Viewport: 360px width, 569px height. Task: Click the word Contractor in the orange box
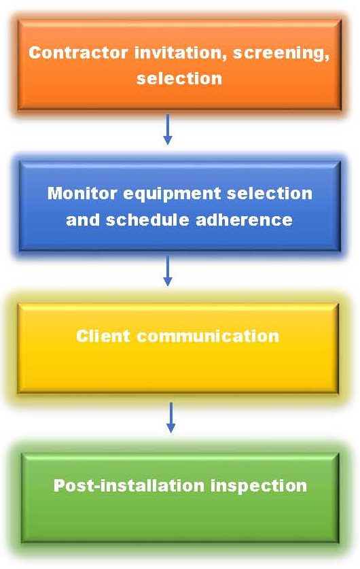(x=78, y=52)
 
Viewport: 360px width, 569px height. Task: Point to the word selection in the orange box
(x=179, y=78)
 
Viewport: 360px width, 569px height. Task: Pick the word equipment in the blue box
(x=173, y=194)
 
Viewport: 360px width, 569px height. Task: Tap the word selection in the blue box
(x=270, y=193)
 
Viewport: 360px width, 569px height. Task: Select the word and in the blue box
(x=83, y=220)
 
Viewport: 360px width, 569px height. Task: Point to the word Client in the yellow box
(x=103, y=336)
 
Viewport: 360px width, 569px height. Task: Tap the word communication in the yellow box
(x=208, y=336)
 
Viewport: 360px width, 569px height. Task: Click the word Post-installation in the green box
(x=129, y=485)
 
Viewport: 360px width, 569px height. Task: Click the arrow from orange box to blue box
(x=168, y=130)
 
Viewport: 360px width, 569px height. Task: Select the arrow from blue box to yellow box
(x=168, y=271)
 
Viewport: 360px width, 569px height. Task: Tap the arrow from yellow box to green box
(x=170, y=417)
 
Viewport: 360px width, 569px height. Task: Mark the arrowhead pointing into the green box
(x=170, y=428)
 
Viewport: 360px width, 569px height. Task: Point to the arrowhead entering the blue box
(x=168, y=140)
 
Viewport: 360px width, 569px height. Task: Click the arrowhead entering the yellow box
(x=168, y=281)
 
